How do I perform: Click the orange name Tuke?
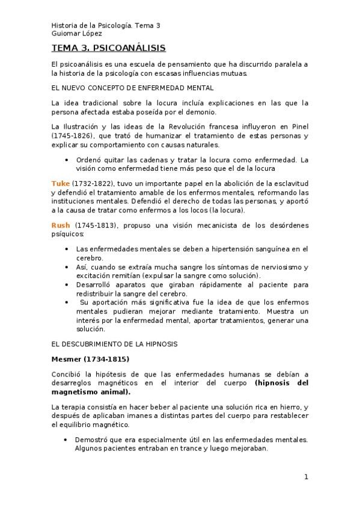tap(61, 182)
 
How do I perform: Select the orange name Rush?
tap(62, 225)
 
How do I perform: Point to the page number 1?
tap(306, 477)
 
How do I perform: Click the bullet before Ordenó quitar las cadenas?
tap(66, 160)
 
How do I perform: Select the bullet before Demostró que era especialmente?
tap(66, 440)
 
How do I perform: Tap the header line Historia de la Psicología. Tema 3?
tap(106, 26)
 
